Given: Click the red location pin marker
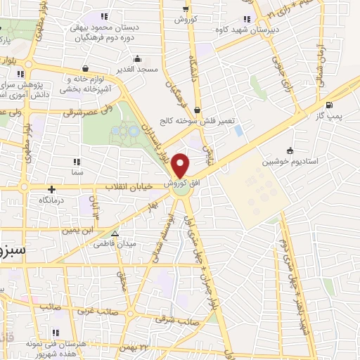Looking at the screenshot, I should click(x=181, y=165).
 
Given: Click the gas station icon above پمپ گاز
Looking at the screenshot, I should click(x=330, y=103).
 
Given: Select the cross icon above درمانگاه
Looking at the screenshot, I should click(x=51, y=189).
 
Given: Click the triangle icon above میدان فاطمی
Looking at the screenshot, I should click(x=115, y=233).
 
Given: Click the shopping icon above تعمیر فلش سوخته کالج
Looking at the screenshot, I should click(x=198, y=110).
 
